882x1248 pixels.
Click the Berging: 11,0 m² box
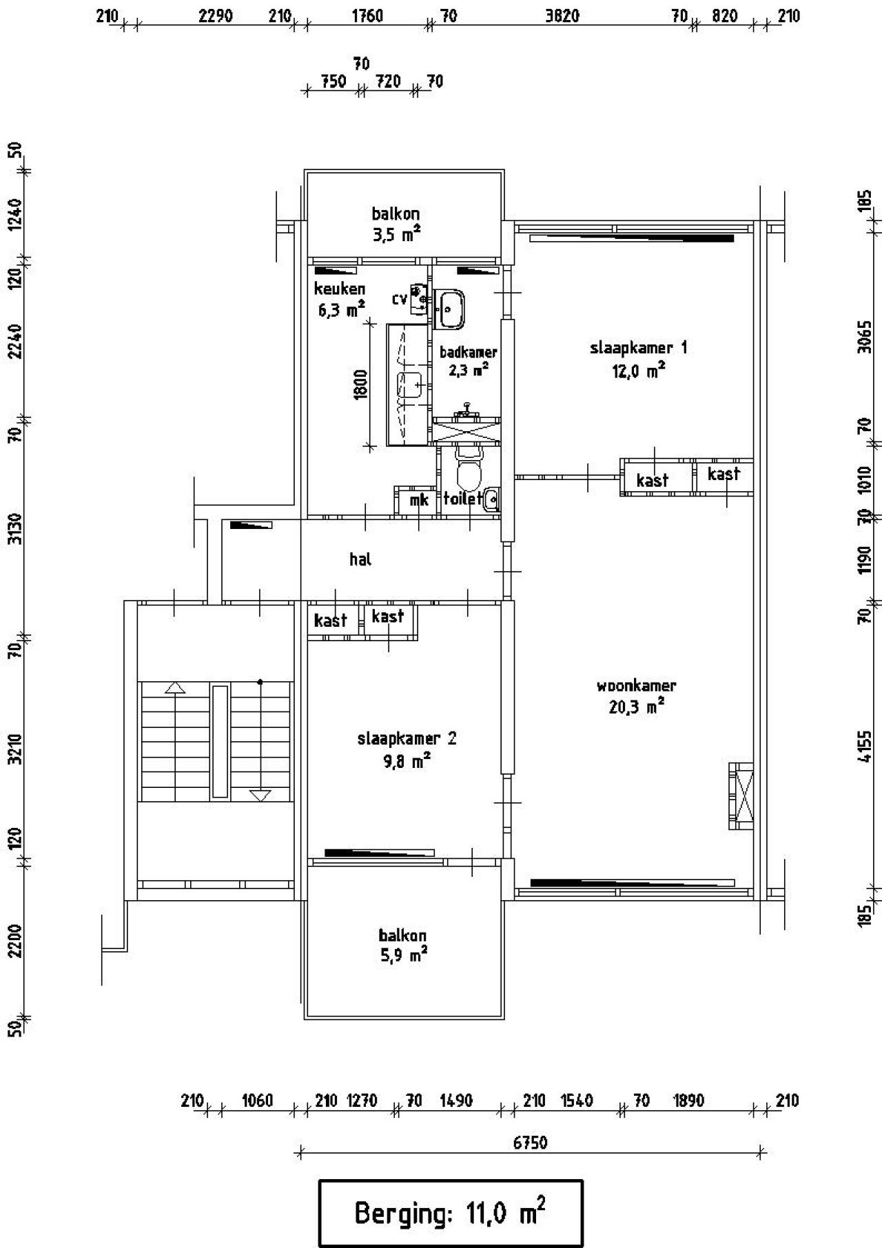pyautogui.click(x=451, y=1213)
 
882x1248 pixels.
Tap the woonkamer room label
pyautogui.click(x=636, y=686)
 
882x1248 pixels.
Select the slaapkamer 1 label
pyautogui.click(x=638, y=348)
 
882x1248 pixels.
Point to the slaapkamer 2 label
pyautogui.click(x=407, y=739)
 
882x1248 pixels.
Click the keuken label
pyautogui.click(x=340, y=289)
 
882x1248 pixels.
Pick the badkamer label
pyautogui.click(x=469, y=352)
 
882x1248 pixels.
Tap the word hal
pyautogui.click(x=360, y=559)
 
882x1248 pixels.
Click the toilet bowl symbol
pyautogui.click(x=470, y=468)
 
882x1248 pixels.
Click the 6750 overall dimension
pyautogui.click(x=531, y=1143)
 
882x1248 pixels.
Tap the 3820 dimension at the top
pyautogui.click(x=562, y=16)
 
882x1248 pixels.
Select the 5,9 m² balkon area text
pyautogui.click(x=402, y=955)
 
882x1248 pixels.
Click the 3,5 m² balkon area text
pyautogui.click(x=396, y=235)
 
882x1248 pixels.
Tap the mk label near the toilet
pyautogui.click(x=419, y=500)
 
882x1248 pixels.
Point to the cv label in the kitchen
pyautogui.click(x=400, y=299)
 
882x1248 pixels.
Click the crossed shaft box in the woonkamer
pyautogui.click(x=741, y=796)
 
